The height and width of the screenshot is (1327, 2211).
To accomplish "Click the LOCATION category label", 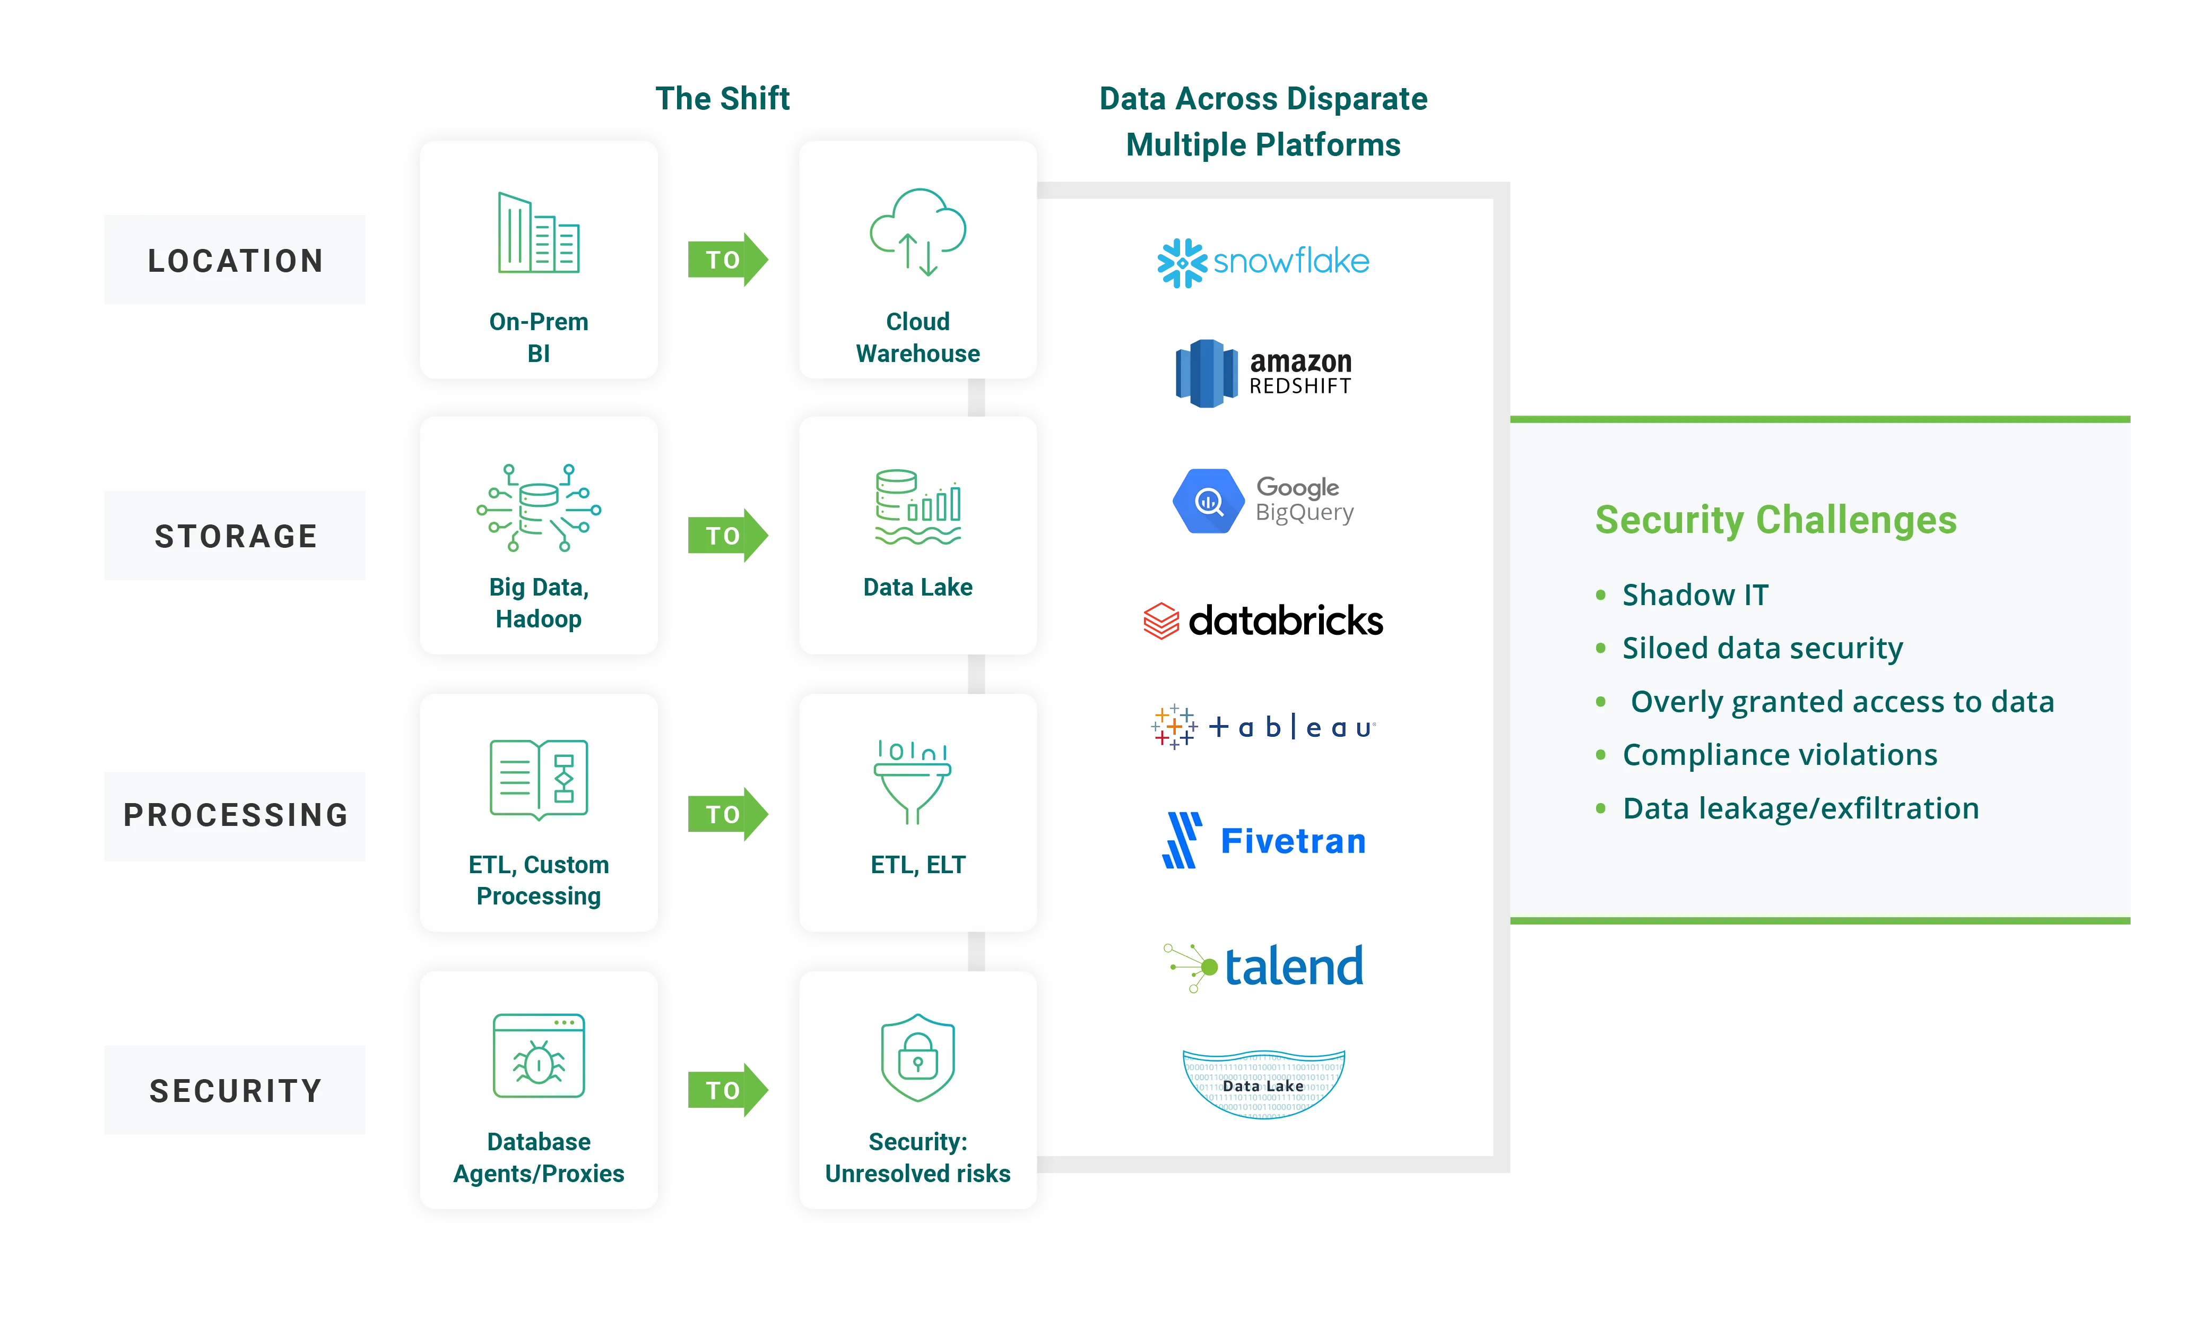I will (x=235, y=260).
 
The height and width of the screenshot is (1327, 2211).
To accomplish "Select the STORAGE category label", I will (x=235, y=536).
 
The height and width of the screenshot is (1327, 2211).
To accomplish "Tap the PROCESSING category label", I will (x=235, y=815).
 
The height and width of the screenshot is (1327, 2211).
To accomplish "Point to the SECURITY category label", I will (x=235, y=1091).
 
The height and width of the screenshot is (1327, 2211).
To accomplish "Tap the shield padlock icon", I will (x=918, y=1058).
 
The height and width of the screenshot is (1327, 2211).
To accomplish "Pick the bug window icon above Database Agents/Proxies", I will (x=538, y=1056).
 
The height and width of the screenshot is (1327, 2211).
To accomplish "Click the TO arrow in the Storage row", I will (x=727, y=536).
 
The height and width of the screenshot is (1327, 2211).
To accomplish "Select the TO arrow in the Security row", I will (x=727, y=1091).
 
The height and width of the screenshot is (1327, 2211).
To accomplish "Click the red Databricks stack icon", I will (x=1161, y=619).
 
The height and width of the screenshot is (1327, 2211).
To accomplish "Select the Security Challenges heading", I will (x=1776, y=520).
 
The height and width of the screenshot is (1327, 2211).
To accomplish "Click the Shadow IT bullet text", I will (x=1694, y=594).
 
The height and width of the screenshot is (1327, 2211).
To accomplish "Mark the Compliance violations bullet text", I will (x=1779, y=755).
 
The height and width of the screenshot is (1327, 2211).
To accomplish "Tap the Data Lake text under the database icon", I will (x=918, y=588).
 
